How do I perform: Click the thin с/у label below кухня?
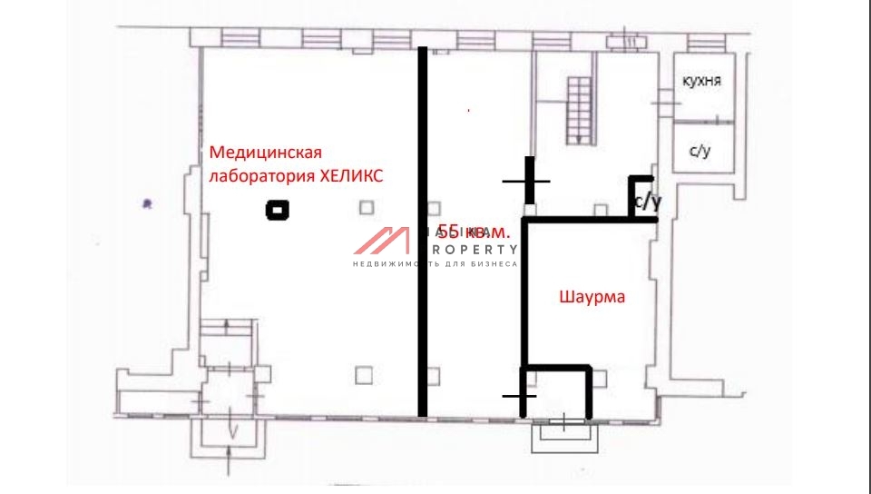click(x=700, y=151)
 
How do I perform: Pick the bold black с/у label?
click(x=647, y=202)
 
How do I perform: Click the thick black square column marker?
click(x=277, y=211)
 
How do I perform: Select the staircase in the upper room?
click(x=579, y=109)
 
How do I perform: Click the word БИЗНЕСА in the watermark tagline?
click(x=494, y=264)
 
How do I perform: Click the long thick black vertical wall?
click(x=422, y=232)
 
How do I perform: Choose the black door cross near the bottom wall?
click(x=517, y=396)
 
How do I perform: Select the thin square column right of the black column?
click(x=366, y=207)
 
